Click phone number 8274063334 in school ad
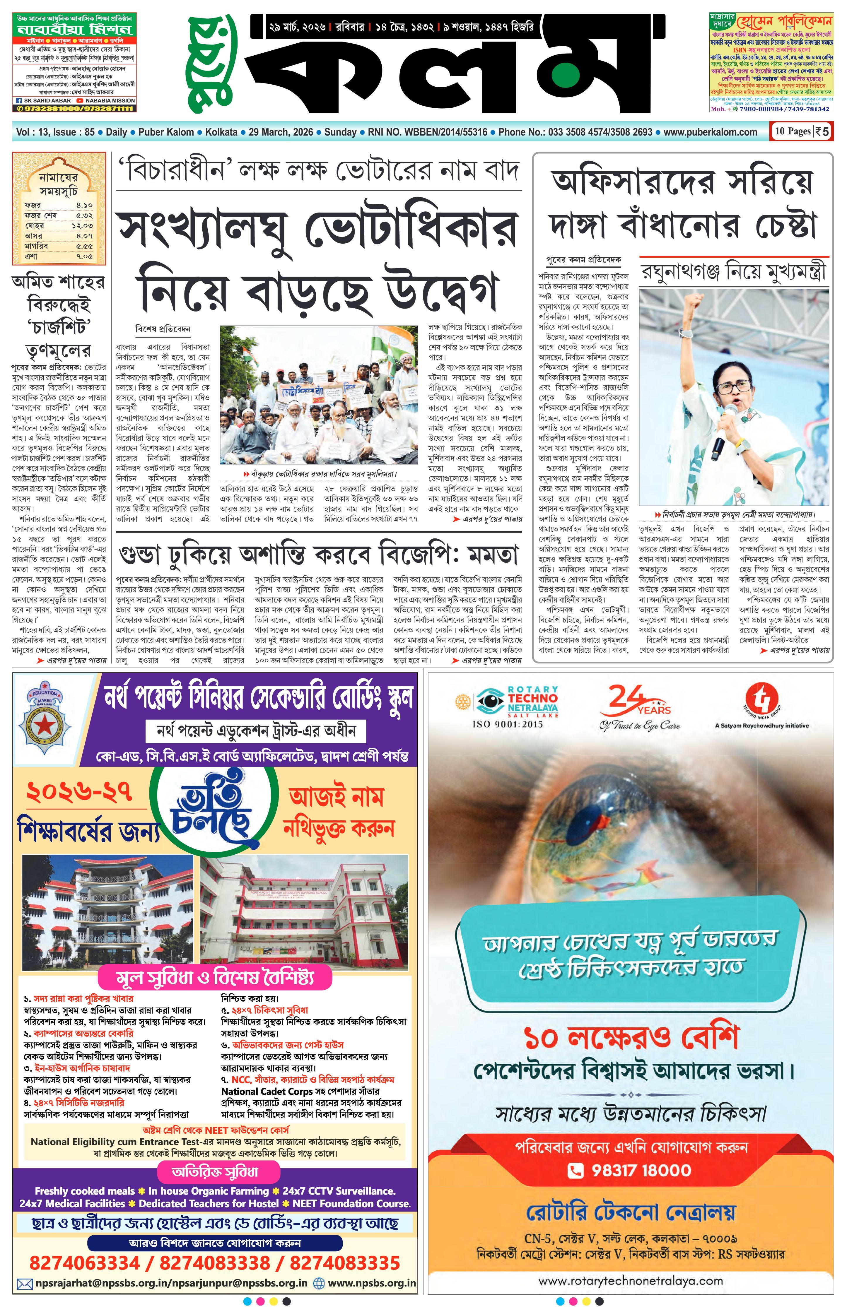tap(84, 1262)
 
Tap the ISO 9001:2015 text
tap(507, 724)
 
